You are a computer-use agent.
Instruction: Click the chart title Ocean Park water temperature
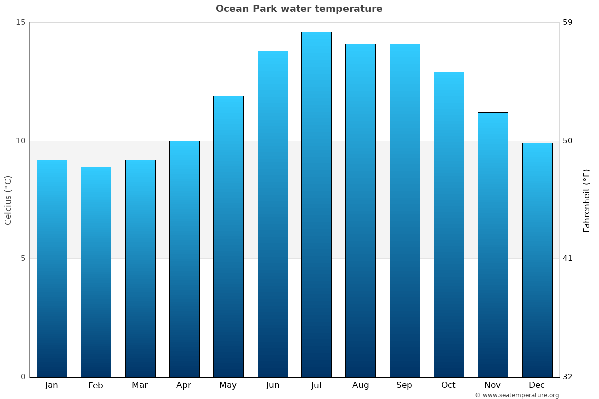pyautogui.click(x=299, y=9)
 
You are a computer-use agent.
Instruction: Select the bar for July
pyautogui.click(x=316, y=204)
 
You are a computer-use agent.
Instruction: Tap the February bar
pyautogui.click(x=96, y=272)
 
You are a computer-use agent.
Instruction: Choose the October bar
pyautogui.click(x=449, y=224)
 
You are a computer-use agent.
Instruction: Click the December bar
pyautogui.click(x=537, y=259)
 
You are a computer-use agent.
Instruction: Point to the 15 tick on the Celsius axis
pyautogui.click(x=20, y=22)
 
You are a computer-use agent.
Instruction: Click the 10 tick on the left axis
pyautogui.click(x=20, y=141)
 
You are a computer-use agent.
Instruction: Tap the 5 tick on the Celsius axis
pyautogui.click(x=22, y=258)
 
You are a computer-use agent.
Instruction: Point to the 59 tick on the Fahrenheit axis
pyautogui.click(x=568, y=22)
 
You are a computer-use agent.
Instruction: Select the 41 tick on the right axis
pyautogui.click(x=568, y=258)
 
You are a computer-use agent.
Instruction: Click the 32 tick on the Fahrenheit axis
pyautogui.click(x=568, y=377)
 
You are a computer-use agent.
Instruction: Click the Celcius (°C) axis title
pyautogui.click(x=8, y=200)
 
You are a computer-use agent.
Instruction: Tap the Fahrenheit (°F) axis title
pyautogui.click(x=587, y=200)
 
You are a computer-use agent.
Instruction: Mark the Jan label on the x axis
pyautogui.click(x=51, y=385)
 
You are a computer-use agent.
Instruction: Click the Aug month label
pyautogui.click(x=360, y=385)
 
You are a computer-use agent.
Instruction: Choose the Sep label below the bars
pyautogui.click(x=404, y=385)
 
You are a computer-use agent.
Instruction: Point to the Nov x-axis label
pyautogui.click(x=493, y=385)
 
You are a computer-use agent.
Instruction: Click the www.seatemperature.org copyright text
pyautogui.click(x=517, y=395)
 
